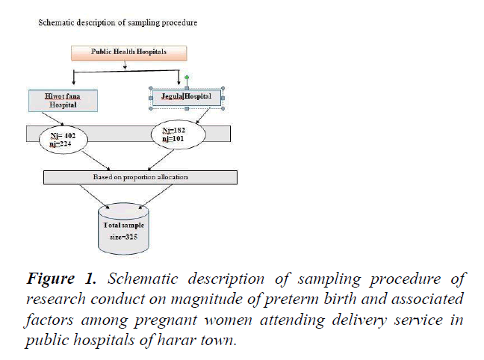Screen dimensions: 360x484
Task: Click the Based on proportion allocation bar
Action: click(x=140, y=177)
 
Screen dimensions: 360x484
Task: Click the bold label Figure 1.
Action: click(x=63, y=280)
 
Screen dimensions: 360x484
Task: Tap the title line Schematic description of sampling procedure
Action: click(x=117, y=22)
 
